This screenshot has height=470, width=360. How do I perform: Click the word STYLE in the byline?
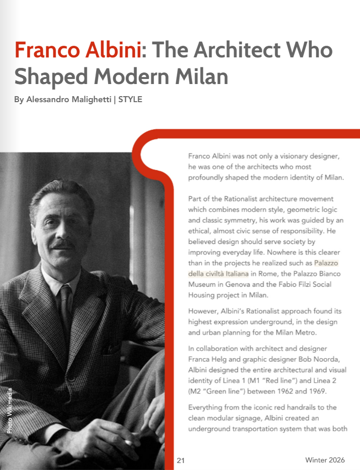(130, 100)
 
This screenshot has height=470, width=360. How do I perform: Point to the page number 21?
(181, 460)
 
